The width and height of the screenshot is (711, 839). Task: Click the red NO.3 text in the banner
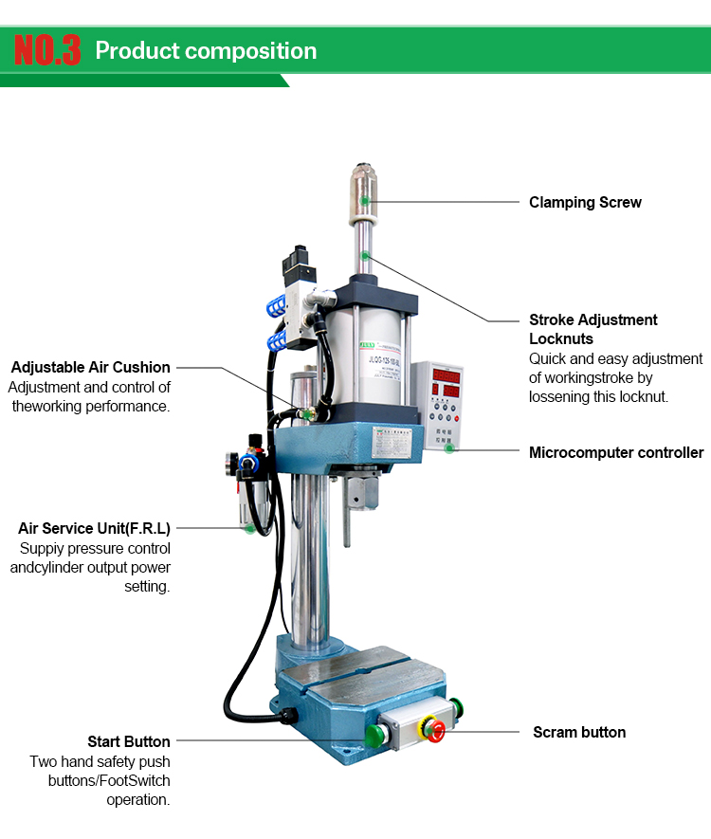click(47, 50)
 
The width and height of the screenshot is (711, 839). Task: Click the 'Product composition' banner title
click(206, 51)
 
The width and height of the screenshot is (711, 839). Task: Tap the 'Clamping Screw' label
click(585, 202)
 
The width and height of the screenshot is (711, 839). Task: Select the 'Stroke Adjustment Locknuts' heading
click(592, 329)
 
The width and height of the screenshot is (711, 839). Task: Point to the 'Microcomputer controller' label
click(616, 452)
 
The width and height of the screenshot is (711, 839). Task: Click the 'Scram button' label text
click(579, 732)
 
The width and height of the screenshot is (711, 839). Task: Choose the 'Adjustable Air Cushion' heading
click(90, 367)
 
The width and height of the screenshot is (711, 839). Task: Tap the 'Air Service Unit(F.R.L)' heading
click(94, 528)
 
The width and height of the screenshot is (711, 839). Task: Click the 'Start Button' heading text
click(129, 741)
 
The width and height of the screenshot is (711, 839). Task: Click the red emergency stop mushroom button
click(436, 731)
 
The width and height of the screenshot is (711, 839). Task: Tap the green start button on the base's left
click(374, 736)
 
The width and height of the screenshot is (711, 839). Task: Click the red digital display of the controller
click(447, 383)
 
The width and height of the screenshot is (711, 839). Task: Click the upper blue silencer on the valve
click(278, 307)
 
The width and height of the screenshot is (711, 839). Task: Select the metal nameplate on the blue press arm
click(392, 443)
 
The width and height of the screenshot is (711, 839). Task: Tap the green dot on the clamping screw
click(364, 201)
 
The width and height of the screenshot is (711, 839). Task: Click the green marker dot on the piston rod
click(365, 256)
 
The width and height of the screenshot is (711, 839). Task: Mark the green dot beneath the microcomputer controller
click(449, 448)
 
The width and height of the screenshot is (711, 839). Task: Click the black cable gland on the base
click(289, 716)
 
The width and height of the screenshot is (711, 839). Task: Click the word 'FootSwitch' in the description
click(135, 780)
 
